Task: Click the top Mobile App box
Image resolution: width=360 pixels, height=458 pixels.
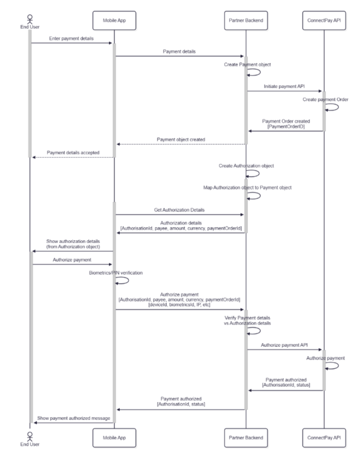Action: tap(114, 20)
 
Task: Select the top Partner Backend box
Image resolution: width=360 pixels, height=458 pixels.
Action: tap(246, 20)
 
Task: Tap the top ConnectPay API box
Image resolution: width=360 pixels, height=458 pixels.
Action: tap(324, 20)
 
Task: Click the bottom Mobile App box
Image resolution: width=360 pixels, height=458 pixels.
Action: tap(114, 438)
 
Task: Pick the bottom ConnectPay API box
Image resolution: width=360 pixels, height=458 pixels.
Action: tap(324, 438)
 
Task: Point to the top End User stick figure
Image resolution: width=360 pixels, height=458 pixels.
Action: tap(30, 19)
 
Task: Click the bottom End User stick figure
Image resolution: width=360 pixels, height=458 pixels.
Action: tap(30, 437)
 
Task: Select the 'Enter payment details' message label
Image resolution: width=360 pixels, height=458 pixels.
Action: tap(71, 38)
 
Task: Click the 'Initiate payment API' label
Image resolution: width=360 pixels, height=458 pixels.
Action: tap(284, 86)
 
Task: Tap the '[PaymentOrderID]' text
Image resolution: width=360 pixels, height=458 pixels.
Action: tap(286, 127)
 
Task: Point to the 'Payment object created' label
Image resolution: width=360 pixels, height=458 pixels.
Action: tap(181, 140)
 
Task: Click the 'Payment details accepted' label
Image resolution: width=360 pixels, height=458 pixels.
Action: tap(73, 153)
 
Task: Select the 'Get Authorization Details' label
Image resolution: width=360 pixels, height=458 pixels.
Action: tap(179, 210)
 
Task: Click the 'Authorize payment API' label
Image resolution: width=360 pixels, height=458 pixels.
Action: tap(284, 345)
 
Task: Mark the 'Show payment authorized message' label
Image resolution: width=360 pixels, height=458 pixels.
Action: tap(74, 418)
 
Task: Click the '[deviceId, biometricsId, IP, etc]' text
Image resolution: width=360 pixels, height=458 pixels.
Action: tap(179, 305)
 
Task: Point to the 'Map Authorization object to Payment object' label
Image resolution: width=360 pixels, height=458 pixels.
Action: tap(247, 188)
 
